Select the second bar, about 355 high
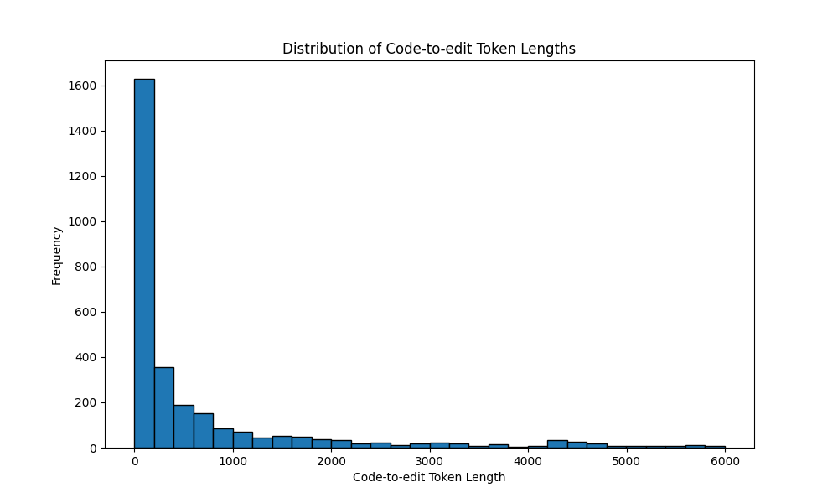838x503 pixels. pyautogui.click(x=163, y=407)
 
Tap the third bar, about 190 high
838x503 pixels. pyautogui.click(x=184, y=426)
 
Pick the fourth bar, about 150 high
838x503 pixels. pyautogui.click(x=203, y=431)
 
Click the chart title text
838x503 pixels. pyautogui.click(x=428, y=49)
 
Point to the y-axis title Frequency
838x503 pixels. pyautogui.click(x=57, y=255)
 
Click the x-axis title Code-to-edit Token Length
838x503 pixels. pyautogui.click(x=428, y=477)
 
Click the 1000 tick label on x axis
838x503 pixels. pyautogui.click(x=233, y=460)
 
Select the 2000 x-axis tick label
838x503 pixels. pyautogui.click(x=331, y=460)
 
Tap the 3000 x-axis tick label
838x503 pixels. pyautogui.click(x=430, y=460)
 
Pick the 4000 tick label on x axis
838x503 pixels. pyautogui.click(x=528, y=460)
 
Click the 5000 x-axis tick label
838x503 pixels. pyautogui.click(x=626, y=460)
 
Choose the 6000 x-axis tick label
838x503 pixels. pyautogui.click(x=725, y=460)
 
